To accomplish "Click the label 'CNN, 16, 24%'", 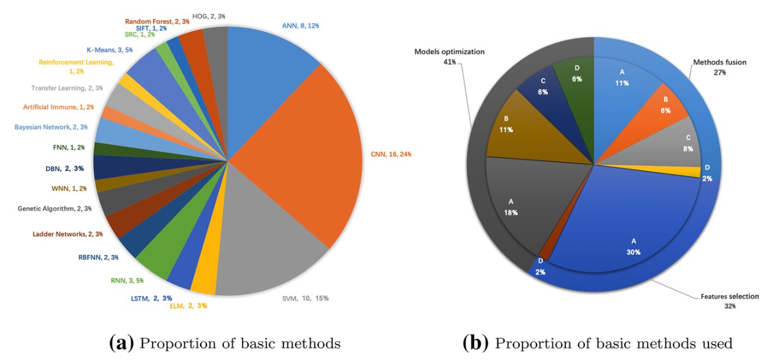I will point(391,155).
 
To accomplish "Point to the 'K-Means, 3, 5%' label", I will point(110,50).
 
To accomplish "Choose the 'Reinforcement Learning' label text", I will point(76,62).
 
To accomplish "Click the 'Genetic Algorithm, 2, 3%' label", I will point(55,208).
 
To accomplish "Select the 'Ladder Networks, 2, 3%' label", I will point(67,234).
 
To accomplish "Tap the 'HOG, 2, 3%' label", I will point(209,16).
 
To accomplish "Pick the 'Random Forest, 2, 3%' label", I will point(157,21).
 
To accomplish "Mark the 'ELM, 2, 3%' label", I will point(188,306).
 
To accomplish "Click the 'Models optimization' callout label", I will point(449,52).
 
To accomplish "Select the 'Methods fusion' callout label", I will point(719,62).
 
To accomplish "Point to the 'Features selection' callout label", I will point(730,297).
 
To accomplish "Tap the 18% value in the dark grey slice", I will point(511,212).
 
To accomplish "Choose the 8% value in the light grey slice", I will point(688,149).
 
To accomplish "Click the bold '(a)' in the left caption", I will point(121,343).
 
